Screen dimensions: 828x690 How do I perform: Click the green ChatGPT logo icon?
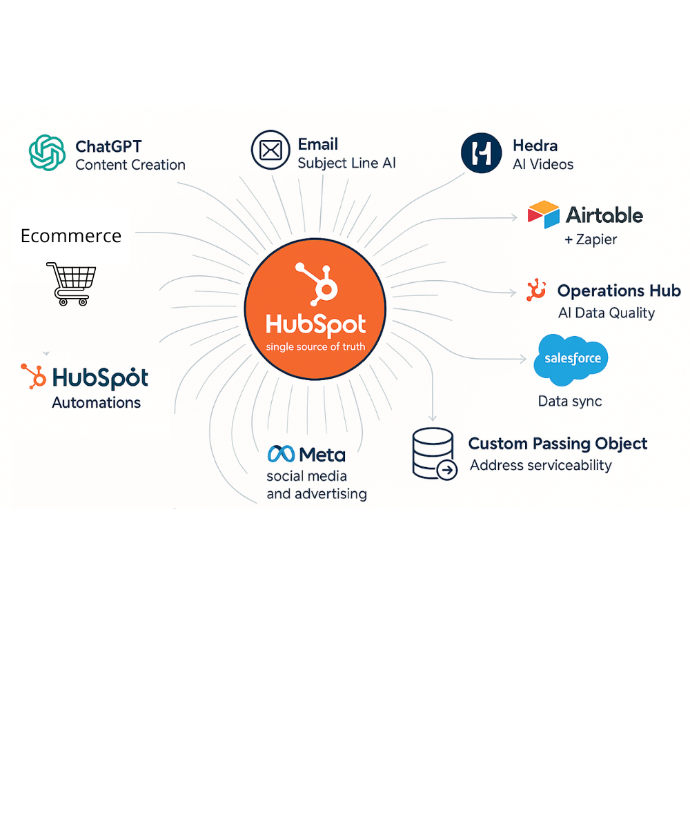(x=47, y=152)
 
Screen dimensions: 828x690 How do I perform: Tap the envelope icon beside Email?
(x=270, y=150)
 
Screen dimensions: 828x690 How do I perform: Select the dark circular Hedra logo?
(x=481, y=152)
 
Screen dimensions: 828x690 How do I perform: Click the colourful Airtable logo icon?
(x=543, y=215)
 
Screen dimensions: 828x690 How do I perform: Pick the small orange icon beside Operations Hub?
(x=536, y=290)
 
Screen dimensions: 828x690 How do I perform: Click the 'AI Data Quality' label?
(x=606, y=313)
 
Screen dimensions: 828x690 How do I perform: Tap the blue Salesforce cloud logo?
(x=571, y=359)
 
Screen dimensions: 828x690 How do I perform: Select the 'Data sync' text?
(x=570, y=401)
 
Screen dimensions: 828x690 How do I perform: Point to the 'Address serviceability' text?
(x=540, y=465)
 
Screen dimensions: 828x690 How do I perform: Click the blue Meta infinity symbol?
(x=281, y=454)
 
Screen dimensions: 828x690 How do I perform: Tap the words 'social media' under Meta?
(x=306, y=476)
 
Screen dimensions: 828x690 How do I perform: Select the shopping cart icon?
(x=71, y=283)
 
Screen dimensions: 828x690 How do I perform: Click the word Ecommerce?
(x=71, y=236)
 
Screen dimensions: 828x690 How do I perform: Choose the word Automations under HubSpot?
(x=96, y=402)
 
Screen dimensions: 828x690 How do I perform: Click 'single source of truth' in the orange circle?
(x=315, y=346)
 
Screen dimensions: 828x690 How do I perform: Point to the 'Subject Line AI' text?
(x=346, y=164)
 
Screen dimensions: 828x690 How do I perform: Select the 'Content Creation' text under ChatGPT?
(x=130, y=165)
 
